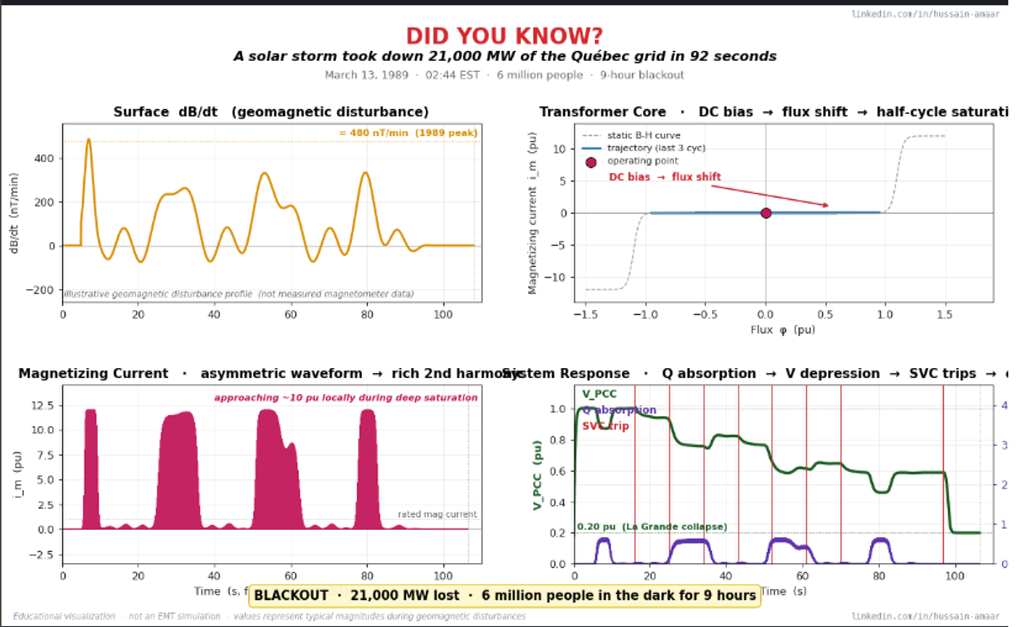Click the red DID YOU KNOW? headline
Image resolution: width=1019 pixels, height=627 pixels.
[x=504, y=36]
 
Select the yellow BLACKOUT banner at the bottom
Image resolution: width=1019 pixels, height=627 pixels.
[x=505, y=596]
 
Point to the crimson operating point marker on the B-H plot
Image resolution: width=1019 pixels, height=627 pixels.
[x=765, y=213]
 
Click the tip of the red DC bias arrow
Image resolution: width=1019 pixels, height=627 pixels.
[x=828, y=206]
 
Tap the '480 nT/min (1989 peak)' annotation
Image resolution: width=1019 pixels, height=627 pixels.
[x=408, y=133]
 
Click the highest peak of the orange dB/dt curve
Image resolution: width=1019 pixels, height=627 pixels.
[x=88, y=139]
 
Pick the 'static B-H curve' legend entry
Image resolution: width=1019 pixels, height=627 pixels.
[x=643, y=135]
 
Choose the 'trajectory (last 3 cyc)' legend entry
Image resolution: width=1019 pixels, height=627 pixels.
[x=656, y=148]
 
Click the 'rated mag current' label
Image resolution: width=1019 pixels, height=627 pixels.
[x=437, y=514]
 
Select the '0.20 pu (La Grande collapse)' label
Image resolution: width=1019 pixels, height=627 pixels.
[x=652, y=526]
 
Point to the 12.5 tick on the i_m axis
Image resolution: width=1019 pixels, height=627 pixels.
[x=46, y=405]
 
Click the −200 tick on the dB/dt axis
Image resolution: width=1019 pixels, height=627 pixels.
[x=39, y=290]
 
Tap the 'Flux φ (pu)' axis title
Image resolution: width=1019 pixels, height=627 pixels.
[x=782, y=330]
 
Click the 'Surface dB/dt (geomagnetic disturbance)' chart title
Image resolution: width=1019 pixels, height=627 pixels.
[x=271, y=112]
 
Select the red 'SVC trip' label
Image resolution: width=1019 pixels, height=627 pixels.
[x=605, y=426]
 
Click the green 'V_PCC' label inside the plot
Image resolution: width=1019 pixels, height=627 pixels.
[x=599, y=394]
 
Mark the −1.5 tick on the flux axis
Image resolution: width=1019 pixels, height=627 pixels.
[x=585, y=315]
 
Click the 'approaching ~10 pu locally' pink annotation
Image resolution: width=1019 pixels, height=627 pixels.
[x=345, y=397]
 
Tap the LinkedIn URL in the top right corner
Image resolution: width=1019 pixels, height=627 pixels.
[x=925, y=14]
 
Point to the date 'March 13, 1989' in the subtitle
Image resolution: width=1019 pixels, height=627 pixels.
[x=366, y=75]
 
